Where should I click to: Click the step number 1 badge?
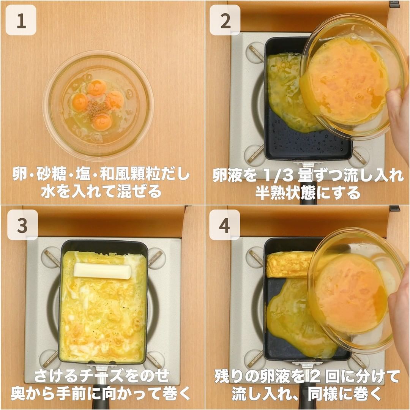(21, 20)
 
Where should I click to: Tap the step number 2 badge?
(225, 20)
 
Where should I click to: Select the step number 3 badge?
(22, 225)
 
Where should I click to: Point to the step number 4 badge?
(225, 225)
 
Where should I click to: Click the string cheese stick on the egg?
(102, 271)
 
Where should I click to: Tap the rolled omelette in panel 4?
(289, 264)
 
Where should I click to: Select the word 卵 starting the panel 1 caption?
(19, 175)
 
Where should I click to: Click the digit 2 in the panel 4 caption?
(315, 376)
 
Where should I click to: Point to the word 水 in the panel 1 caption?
(48, 192)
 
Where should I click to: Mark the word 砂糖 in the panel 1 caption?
(51, 175)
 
